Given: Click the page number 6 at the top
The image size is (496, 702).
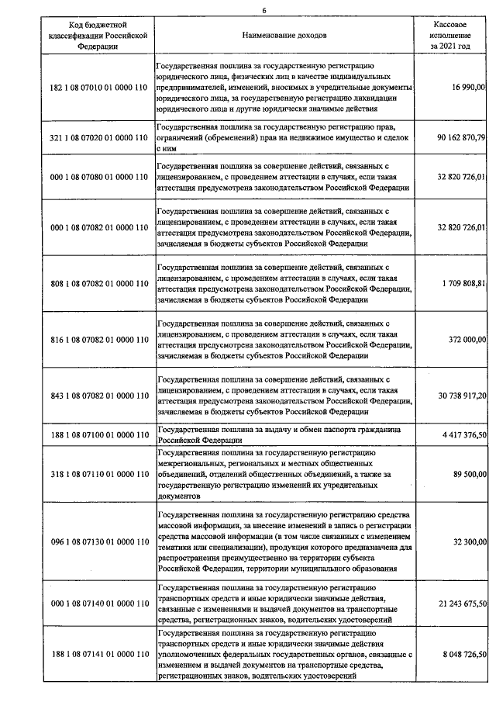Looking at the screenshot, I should click(263, 9).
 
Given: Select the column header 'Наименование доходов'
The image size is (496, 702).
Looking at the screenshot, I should click(284, 36).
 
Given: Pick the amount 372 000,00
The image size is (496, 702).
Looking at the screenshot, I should click(467, 340).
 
